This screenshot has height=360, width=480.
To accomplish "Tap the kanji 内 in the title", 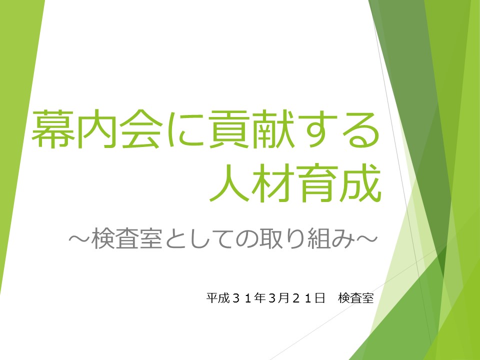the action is click(x=96, y=129).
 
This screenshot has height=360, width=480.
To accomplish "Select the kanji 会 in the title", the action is click(x=141, y=129).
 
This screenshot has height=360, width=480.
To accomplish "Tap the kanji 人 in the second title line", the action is click(x=229, y=183).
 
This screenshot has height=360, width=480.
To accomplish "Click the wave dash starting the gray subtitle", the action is click(x=79, y=238).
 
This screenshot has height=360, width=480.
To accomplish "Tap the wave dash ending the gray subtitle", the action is click(x=366, y=238).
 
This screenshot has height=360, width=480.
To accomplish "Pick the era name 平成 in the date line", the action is click(x=218, y=298).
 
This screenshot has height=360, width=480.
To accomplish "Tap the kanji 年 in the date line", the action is click(x=259, y=298).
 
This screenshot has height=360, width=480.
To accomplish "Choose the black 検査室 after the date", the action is click(x=356, y=298).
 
